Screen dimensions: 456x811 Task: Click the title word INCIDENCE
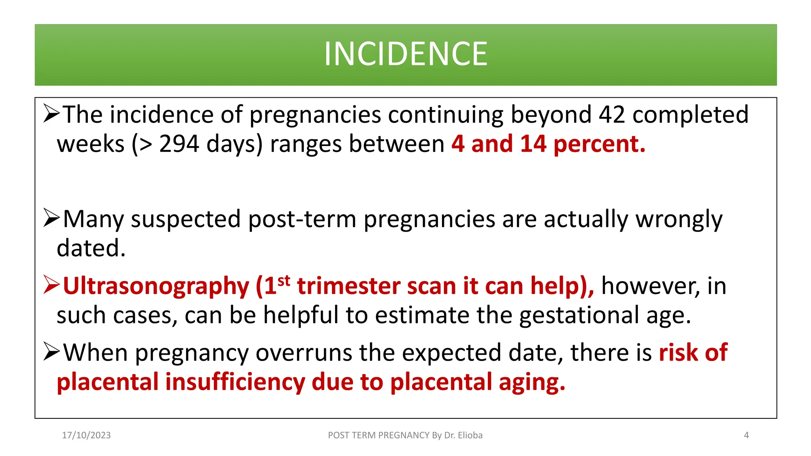(x=405, y=54)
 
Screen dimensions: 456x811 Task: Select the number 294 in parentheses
(x=179, y=144)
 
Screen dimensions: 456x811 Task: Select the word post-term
(x=302, y=219)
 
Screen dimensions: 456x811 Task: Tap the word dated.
(x=91, y=248)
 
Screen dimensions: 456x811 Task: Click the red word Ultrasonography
(x=156, y=286)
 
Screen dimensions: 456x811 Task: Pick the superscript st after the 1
(x=284, y=281)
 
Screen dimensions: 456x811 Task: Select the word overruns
(x=304, y=353)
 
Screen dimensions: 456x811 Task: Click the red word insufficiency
(x=235, y=382)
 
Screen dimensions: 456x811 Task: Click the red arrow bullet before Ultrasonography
(x=51, y=285)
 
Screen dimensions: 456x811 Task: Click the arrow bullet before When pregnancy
(x=51, y=352)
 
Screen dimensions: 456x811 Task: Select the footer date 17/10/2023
(x=86, y=435)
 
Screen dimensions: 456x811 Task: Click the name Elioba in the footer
(x=470, y=435)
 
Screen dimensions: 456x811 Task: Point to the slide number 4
(x=746, y=435)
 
